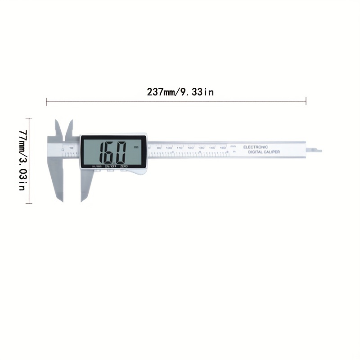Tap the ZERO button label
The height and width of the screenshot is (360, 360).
pos(124,166)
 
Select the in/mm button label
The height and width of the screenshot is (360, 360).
pos(96,166)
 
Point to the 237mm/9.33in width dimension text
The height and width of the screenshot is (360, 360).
pos(180,92)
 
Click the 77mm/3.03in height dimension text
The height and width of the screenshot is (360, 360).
pos(22,160)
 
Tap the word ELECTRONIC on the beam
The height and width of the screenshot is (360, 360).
pos(256,147)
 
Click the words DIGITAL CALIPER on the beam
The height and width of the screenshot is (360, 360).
pos(264,152)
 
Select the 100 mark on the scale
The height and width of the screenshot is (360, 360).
pos(169,148)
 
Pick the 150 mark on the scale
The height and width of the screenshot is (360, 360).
pos(223,148)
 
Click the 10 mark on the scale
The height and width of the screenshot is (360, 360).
pos(72,148)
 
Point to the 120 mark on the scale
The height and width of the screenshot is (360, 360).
pos(190,148)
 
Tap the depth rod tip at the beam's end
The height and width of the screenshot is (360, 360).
pos(317,149)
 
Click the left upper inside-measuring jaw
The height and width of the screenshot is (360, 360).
pos(58,128)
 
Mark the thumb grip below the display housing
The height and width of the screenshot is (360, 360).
pos(137,171)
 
